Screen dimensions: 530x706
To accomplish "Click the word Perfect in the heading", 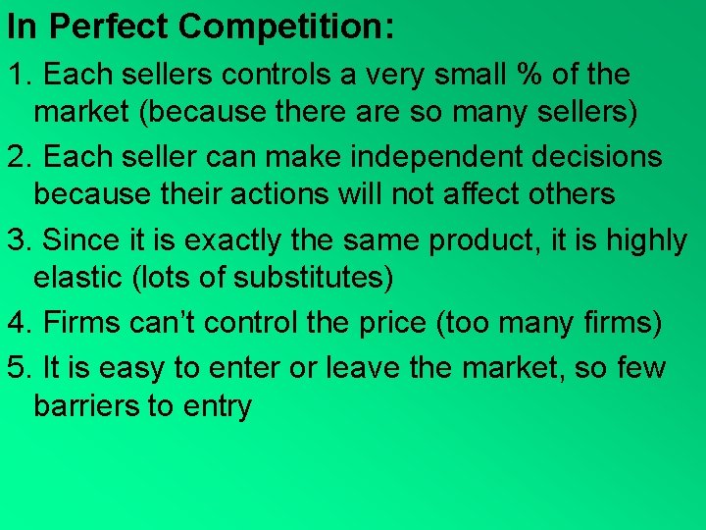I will coord(101,26).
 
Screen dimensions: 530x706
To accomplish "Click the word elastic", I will coord(77,278).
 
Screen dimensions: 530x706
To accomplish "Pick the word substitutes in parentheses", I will coord(311,278).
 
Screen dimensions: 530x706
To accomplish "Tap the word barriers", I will coord(86,405).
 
